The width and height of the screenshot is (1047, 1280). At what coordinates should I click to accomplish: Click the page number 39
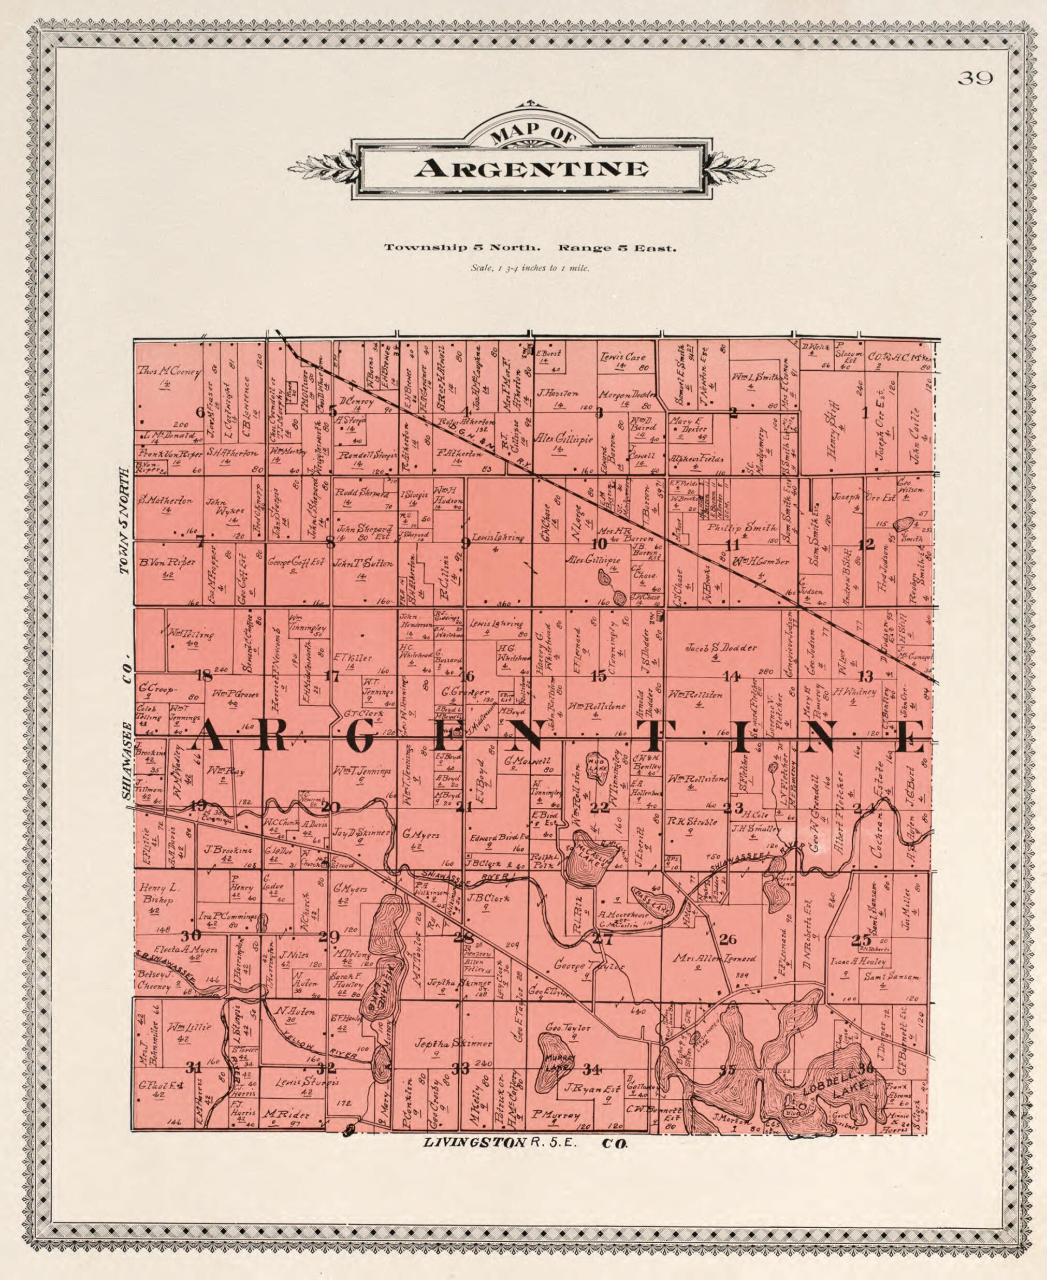point(975,78)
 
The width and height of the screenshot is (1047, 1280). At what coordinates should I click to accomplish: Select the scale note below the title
point(530,268)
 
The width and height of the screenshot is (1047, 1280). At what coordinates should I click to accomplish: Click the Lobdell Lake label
point(838,1089)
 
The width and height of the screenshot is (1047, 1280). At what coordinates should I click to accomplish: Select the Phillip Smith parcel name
point(742,527)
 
